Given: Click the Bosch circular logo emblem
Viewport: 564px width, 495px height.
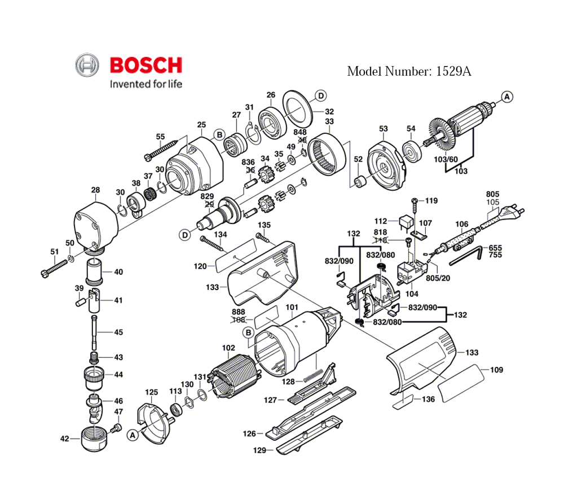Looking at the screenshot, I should point(87,65).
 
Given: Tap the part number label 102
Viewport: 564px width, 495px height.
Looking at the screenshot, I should point(228,348).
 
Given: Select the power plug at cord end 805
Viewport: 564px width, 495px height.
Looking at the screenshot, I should point(514,213).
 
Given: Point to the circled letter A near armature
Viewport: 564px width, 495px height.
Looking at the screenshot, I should point(507,97).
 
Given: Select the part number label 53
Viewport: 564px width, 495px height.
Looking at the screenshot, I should point(384,129).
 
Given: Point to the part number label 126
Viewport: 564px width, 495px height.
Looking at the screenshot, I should point(249,433).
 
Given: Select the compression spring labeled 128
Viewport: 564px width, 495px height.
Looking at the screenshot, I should point(311,375).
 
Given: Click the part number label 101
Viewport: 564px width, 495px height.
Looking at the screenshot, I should point(292,308).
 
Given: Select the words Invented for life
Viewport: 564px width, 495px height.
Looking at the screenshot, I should point(146,85).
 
